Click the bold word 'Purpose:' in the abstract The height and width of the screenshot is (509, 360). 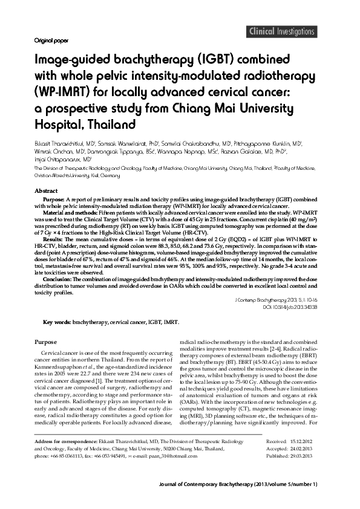click(x=56, y=199)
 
